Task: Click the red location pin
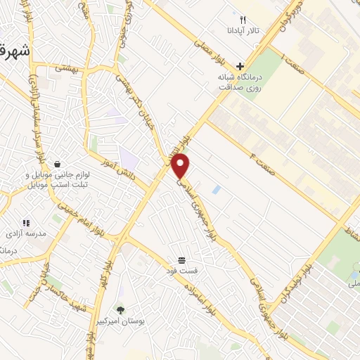coord(181,165)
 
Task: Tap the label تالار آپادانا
coord(243,31)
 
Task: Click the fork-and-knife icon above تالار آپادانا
coord(243,20)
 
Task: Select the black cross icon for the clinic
coord(240,65)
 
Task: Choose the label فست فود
coord(181,270)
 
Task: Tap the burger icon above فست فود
coord(181,259)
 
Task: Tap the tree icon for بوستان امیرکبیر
coord(120,309)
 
